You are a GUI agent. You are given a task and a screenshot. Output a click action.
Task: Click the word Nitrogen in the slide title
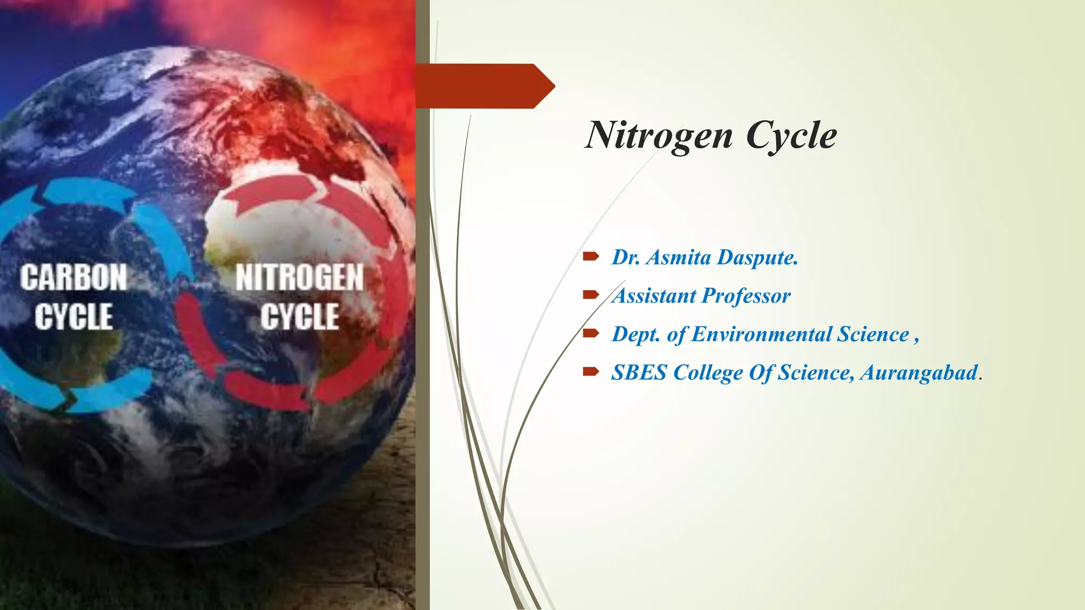click(x=659, y=136)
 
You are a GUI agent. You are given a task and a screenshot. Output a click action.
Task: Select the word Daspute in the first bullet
click(x=758, y=258)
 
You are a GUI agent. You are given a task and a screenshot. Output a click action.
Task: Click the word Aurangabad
click(x=919, y=373)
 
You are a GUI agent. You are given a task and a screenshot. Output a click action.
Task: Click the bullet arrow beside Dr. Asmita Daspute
click(x=590, y=257)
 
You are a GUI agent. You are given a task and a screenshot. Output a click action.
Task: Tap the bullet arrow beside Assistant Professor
click(x=590, y=295)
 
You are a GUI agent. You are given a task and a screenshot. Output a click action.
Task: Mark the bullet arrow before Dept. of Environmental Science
click(x=590, y=334)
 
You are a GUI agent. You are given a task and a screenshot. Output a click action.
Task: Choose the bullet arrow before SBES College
click(x=590, y=372)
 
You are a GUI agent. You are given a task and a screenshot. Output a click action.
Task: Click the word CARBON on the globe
click(x=74, y=277)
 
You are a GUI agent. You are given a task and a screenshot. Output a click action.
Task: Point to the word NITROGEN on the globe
click(x=300, y=277)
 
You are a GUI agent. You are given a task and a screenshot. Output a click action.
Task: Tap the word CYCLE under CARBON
click(x=74, y=317)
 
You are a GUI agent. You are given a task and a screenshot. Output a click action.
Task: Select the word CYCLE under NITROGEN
click(x=300, y=317)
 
